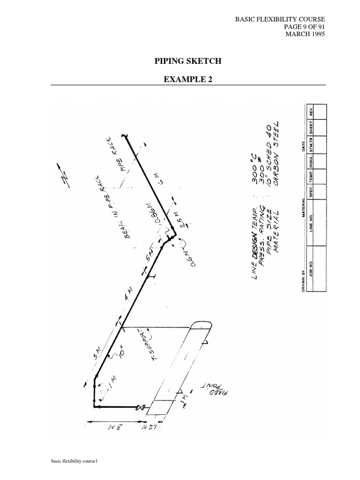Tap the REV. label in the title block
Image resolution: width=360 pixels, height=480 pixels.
[x=310, y=112]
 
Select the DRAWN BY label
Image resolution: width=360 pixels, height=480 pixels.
[x=303, y=280]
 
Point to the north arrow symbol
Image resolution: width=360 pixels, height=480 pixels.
[x=63, y=176]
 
